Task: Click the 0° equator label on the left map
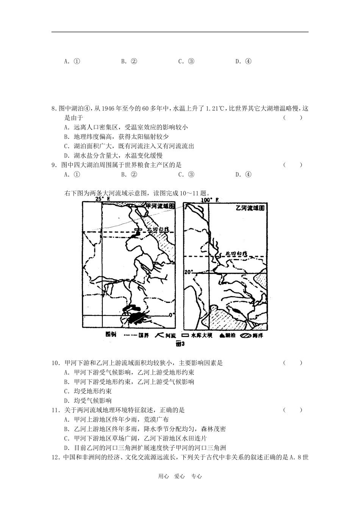(x=172, y=314)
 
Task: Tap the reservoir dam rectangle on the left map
(x=138, y=230)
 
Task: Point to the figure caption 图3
(x=180, y=344)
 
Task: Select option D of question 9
(x=243, y=175)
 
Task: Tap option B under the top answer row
(x=129, y=61)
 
